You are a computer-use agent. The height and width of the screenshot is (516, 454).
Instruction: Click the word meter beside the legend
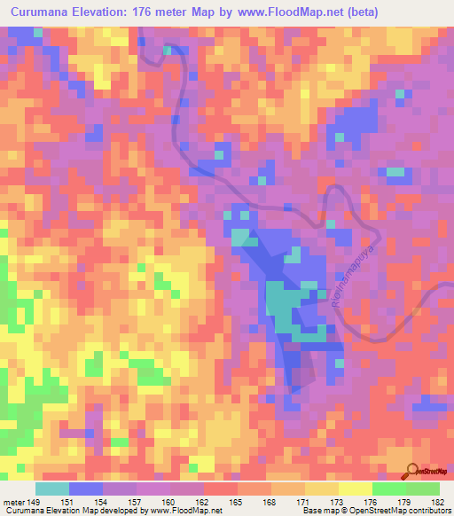[12, 501]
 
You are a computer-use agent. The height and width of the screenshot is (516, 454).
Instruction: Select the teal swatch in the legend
[52, 489]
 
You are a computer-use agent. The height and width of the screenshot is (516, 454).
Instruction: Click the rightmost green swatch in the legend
[423, 489]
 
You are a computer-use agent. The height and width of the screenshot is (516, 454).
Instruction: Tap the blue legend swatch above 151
[86, 489]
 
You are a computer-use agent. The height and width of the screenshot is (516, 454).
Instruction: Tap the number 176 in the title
[161, 12]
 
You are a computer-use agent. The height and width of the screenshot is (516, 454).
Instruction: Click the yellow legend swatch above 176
[356, 489]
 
